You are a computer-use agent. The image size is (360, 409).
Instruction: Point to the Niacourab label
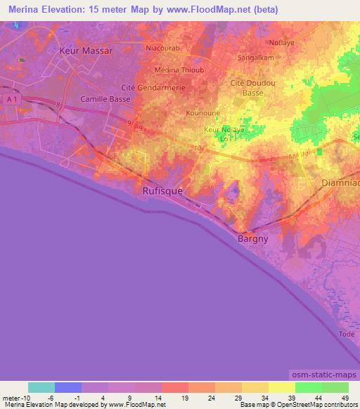(x=163, y=48)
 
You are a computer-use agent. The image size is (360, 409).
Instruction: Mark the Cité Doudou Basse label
(x=252, y=87)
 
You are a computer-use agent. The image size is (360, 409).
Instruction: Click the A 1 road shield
(x=9, y=100)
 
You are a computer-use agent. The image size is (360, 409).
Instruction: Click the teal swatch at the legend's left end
(x=41, y=387)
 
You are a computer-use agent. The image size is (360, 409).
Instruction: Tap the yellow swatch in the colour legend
(x=281, y=387)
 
